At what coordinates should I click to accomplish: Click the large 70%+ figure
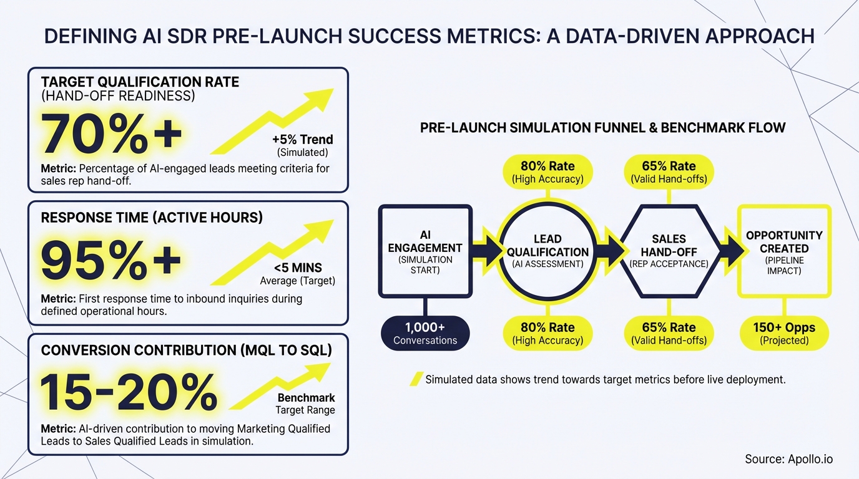(x=112, y=135)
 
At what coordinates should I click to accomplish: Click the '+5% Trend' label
(x=302, y=139)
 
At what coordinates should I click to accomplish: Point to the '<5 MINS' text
(x=298, y=268)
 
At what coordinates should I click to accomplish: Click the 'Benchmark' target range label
(x=306, y=398)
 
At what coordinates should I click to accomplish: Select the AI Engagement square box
(x=425, y=250)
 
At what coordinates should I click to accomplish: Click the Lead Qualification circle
(x=547, y=250)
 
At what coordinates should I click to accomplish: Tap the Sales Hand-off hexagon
(x=669, y=250)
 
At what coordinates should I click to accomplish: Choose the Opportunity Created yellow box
(x=784, y=250)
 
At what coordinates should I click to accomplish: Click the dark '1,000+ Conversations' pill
(x=425, y=333)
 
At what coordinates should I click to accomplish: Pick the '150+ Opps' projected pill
(x=784, y=333)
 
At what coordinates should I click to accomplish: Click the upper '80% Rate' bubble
(x=547, y=172)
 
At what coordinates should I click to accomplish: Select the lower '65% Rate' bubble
(x=669, y=333)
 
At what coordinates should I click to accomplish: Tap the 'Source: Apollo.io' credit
(x=788, y=459)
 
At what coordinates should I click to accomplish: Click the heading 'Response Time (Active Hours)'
(x=152, y=218)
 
